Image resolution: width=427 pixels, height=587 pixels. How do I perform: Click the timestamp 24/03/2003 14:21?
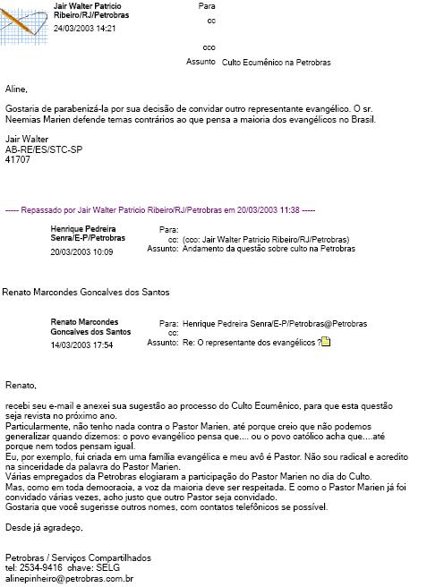[x=84, y=29]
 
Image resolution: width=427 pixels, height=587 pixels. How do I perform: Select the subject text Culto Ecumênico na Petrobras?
[x=275, y=64]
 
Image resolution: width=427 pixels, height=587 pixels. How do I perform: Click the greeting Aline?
[x=16, y=89]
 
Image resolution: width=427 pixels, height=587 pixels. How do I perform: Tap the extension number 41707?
[x=17, y=159]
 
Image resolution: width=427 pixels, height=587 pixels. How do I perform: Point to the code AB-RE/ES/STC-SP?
[x=43, y=149]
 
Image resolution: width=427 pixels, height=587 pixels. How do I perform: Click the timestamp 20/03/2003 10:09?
[x=81, y=252]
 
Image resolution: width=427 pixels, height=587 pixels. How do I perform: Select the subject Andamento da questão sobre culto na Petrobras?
[x=268, y=250]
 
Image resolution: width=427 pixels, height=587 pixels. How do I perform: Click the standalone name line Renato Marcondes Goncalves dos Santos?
[x=86, y=292]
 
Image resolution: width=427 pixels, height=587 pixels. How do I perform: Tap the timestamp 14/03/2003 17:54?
[x=81, y=345]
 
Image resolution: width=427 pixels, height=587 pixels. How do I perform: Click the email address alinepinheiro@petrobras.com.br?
[x=63, y=579]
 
